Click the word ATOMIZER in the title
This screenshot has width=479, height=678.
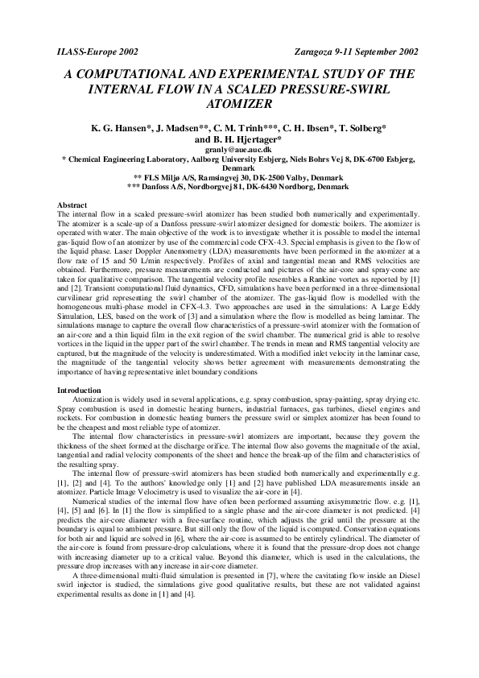pyautogui.click(x=239, y=103)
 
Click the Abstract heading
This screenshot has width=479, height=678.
pyautogui.click(x=72, y=205)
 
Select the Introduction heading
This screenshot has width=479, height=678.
pyautogui.click(x=78, y=390)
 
